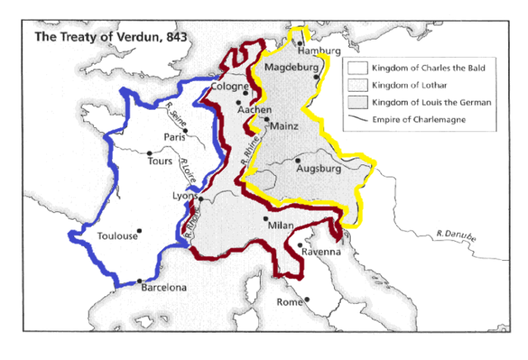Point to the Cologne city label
coord(230,86)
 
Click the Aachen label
coord(254,109)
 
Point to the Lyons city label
coord(183,196)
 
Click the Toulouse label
coord(118,236)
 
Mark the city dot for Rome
coord(306,300)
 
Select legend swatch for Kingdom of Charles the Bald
coord(356,66)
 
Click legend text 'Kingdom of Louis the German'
coord(430,102)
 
